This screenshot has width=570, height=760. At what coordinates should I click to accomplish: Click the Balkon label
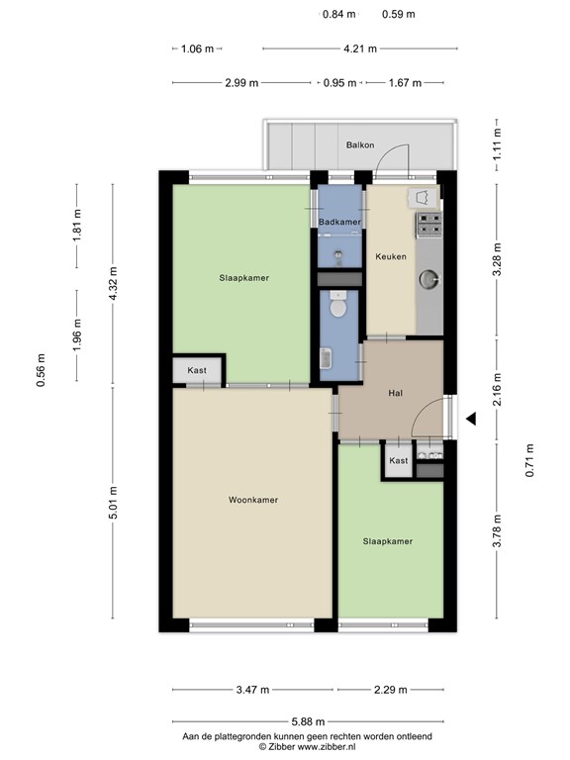[360, 145]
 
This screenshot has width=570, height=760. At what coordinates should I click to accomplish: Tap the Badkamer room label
[339, 223]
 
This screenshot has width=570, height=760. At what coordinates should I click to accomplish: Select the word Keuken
[390, 256]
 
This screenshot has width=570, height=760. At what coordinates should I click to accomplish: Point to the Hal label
[396, 393]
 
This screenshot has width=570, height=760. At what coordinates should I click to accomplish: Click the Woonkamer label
[252, 500]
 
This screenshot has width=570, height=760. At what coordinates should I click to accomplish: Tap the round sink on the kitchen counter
[428, 280]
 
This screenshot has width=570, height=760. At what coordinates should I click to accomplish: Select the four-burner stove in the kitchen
[428, 225]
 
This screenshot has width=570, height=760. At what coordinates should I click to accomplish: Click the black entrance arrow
[472, 420]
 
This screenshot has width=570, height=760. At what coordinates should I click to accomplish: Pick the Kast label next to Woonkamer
[198, 370]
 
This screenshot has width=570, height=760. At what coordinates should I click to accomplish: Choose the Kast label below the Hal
[398, 461]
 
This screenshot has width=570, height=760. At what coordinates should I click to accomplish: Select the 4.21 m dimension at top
[358, 47]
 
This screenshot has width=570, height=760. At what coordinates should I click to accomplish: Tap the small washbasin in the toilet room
[327, 359]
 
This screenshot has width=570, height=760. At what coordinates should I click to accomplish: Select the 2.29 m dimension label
[390, 690]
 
